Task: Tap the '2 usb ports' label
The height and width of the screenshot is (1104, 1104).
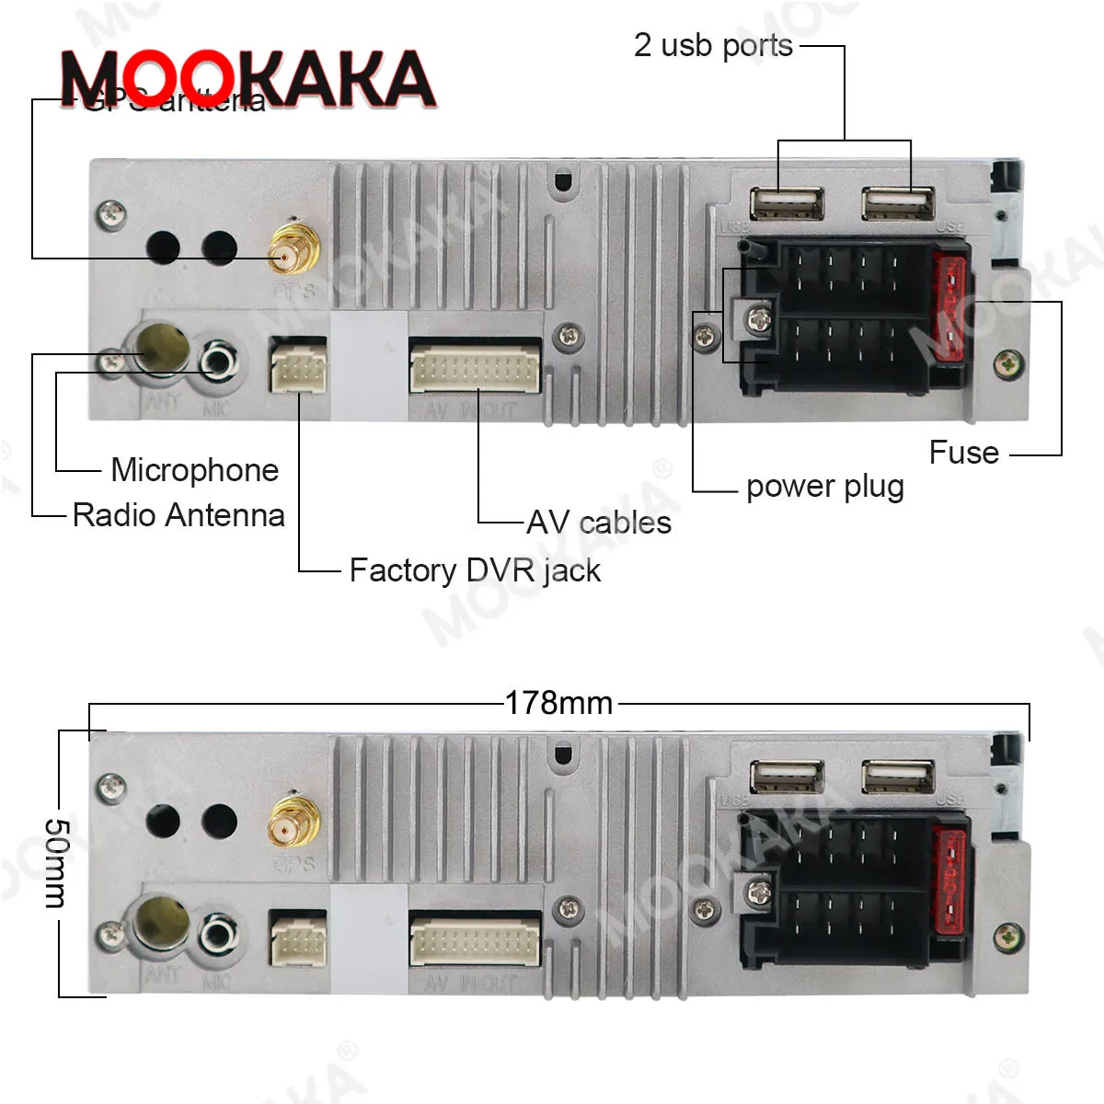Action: (713, 45)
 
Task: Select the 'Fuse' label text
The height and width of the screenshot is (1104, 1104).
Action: (963, 453)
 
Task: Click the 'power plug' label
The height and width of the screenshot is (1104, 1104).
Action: (824, 487)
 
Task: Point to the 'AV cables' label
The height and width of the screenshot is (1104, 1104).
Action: (599, 523)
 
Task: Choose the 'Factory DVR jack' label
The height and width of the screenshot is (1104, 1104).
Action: (475, 570)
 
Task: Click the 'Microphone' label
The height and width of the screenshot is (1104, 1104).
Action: (194, 470)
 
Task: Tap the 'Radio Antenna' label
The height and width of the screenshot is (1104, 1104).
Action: (178, 515)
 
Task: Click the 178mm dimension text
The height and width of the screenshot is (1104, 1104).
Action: (558, 703)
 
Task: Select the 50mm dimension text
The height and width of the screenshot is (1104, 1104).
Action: (56, 862)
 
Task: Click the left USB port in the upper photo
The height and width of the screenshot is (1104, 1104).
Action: (787, 203)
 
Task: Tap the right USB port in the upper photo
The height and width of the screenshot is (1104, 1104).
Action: (898, 203)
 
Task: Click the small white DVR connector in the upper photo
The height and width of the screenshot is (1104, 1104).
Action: (297, 365)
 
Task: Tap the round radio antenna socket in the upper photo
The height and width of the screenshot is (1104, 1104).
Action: (162, 349)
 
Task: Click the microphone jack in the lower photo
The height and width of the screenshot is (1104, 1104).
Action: (218, 934)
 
